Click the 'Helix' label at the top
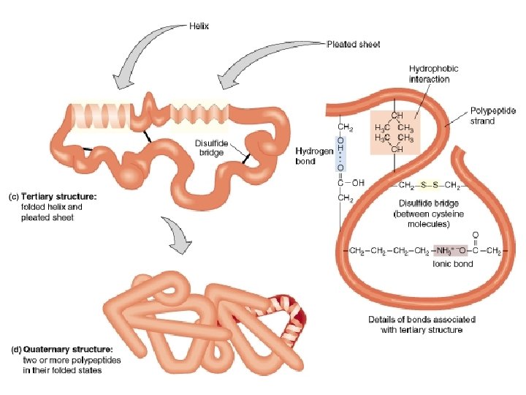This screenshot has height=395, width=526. point(198,26)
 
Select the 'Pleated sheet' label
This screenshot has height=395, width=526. point(353,43)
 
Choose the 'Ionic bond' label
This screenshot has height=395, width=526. point(454,264)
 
